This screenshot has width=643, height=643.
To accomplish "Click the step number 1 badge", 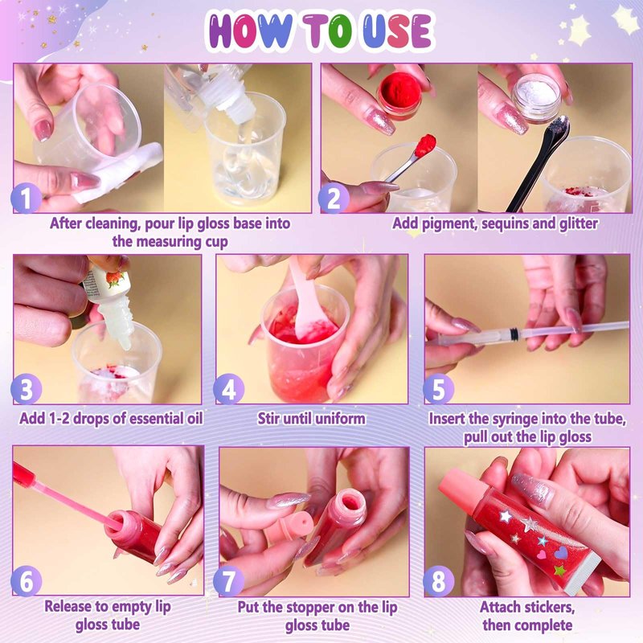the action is (x=26, y=199).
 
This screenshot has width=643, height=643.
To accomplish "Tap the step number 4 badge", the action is (x=229, y=390).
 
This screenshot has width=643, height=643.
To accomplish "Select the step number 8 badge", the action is (x=438, y=581).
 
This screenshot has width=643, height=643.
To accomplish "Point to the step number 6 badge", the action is (x=27, y=581).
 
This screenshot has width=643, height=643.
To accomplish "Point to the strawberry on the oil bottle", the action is (x=115, y=278).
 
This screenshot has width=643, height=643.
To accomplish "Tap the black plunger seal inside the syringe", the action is (x=512, y=335).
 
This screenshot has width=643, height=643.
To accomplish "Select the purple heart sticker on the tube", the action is (x=561, y=552).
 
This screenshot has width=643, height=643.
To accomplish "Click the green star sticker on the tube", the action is (x=559, y=570).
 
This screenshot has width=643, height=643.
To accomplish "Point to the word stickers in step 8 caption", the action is (x=548, y=607).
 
